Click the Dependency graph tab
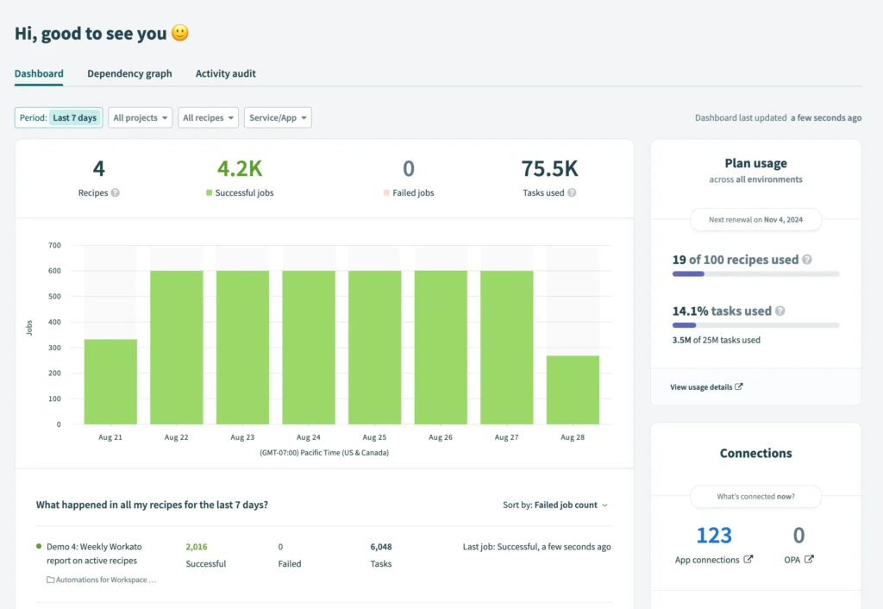pos(129,73)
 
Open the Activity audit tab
pos(225,73)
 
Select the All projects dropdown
pos(141,117)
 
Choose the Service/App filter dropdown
pos(278,117)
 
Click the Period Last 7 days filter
pos(59,117)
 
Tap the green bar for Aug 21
pos(110,381)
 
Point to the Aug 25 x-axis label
pos(374,437)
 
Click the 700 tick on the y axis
pos(54,246)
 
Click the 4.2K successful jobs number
pos(240,168)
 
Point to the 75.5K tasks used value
pos(549,168)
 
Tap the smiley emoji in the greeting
pos(179,34)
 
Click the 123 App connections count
pos(713,536)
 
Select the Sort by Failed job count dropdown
pos(555,505)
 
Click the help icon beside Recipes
pos(116,193)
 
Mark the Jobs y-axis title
pos(30,328)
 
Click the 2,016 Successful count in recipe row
pos(197,546)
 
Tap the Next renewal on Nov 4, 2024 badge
pos(755,220)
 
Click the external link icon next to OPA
pos(809,560)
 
